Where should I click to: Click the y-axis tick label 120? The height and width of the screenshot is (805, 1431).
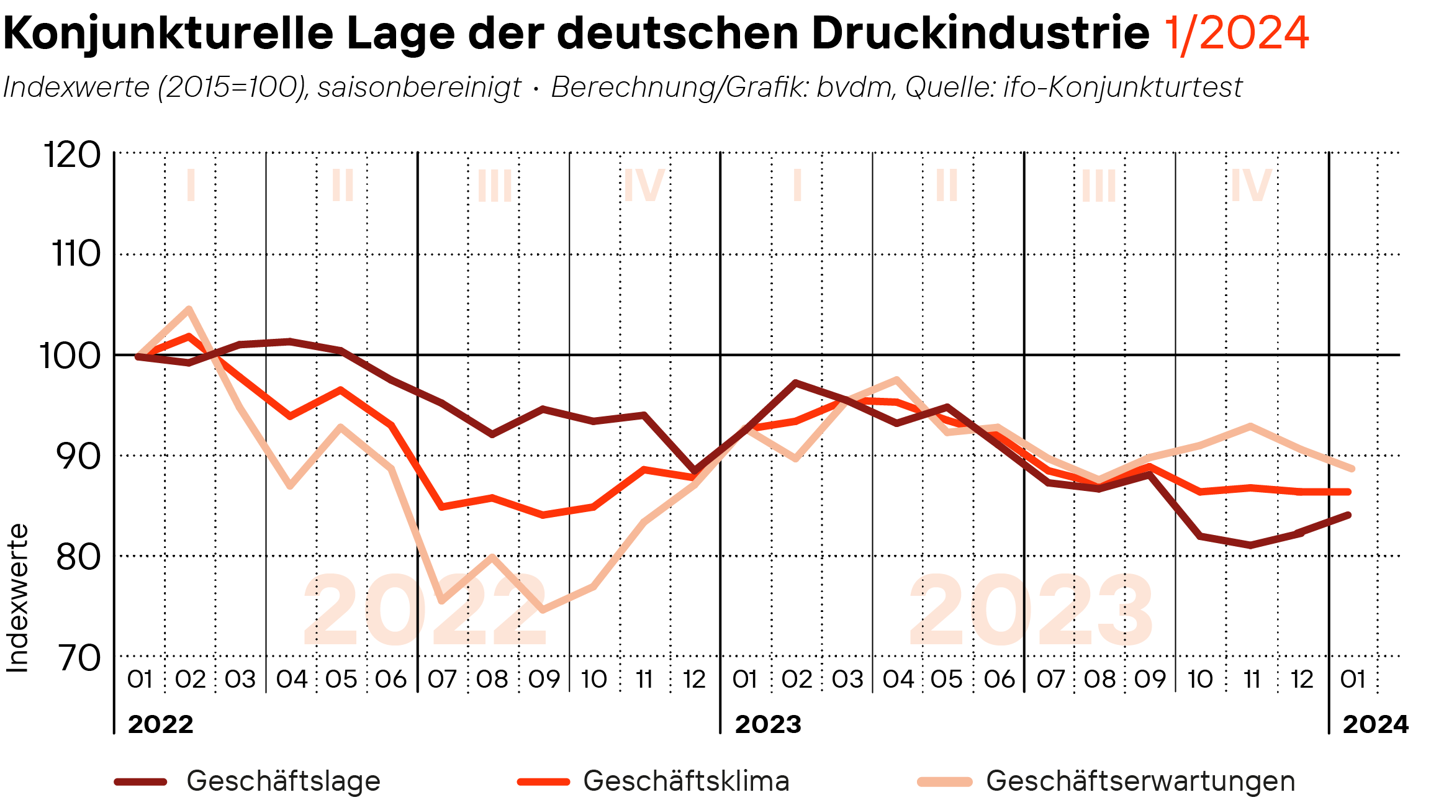(x=72, y=155)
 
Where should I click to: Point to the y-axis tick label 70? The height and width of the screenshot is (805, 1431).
(x=78, y=658)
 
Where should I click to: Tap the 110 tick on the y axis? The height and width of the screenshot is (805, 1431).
(x=76, y=254)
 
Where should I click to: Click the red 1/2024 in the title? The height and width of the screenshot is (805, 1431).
(x=1236, y=34)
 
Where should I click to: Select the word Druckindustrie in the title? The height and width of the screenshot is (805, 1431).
(x=980, y=34)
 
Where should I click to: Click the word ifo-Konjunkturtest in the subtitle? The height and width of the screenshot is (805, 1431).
(x=1122, y=88)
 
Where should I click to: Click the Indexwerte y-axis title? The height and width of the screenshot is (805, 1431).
(x=17, y=598)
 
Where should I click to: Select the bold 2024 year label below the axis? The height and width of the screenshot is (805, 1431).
(x=1376, y=724)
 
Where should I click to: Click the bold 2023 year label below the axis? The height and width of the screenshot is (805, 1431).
(x=768, y=724)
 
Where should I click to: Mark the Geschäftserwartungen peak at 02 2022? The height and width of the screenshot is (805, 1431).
(x=189, y=309)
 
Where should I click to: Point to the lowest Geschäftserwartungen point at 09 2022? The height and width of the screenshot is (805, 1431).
(x=543, y=610)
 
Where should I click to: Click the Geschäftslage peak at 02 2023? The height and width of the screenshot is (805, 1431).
(x=796, y=382)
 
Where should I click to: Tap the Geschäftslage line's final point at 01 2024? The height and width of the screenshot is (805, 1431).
(x=1348, y=515)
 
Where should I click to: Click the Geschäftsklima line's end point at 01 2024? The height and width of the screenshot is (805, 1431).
(x=1348, y=492)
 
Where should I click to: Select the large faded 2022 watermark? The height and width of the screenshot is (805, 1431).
(x=425, y=611)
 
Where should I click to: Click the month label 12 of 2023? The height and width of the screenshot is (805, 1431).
(x=1302, y=680)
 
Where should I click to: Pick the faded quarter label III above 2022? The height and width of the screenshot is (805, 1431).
(x=495, y=186)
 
